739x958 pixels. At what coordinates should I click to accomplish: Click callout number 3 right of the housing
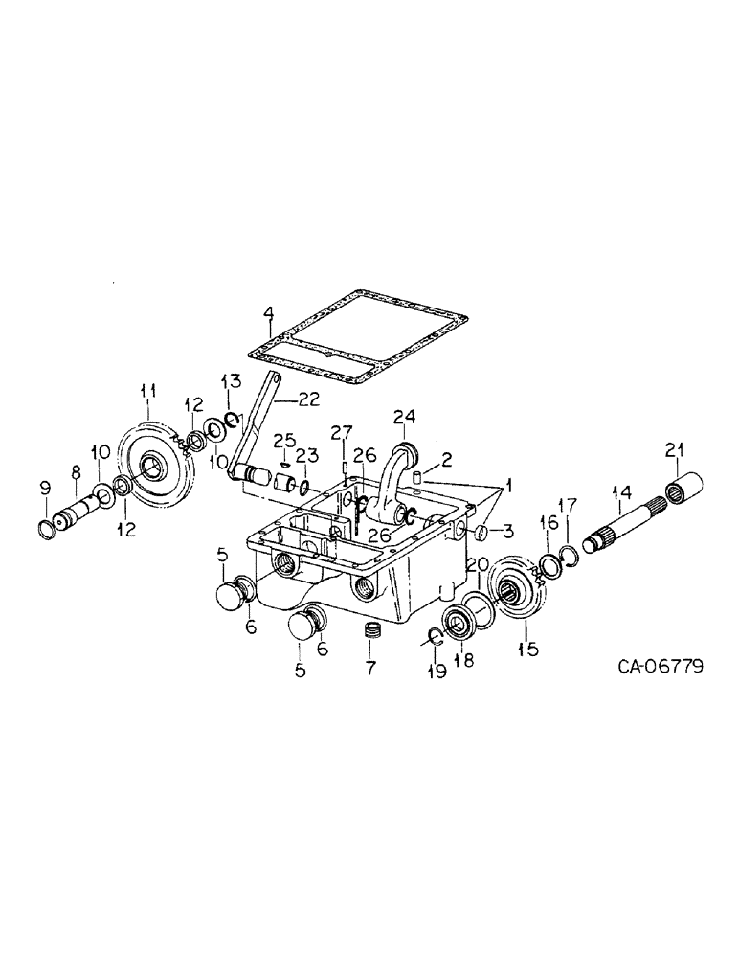point(509,529)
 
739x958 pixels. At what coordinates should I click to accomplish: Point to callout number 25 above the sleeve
point(280,439)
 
